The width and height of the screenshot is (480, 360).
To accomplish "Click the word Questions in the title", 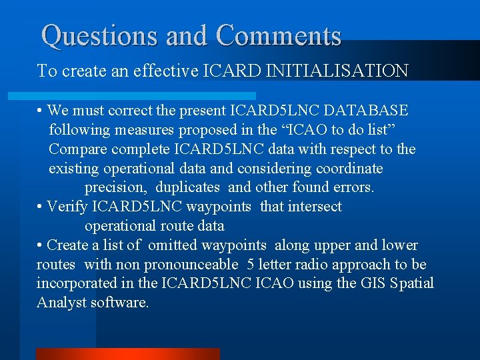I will coord(100,35).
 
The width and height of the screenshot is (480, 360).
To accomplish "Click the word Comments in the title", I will coord(279,35).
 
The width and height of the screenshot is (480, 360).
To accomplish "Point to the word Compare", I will coord(76,149).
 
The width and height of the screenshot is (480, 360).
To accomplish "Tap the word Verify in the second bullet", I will coord(69,207).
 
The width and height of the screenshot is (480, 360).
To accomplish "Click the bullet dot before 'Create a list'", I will coord(41,246).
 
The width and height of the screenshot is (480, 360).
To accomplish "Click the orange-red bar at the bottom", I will coord(127,354).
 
